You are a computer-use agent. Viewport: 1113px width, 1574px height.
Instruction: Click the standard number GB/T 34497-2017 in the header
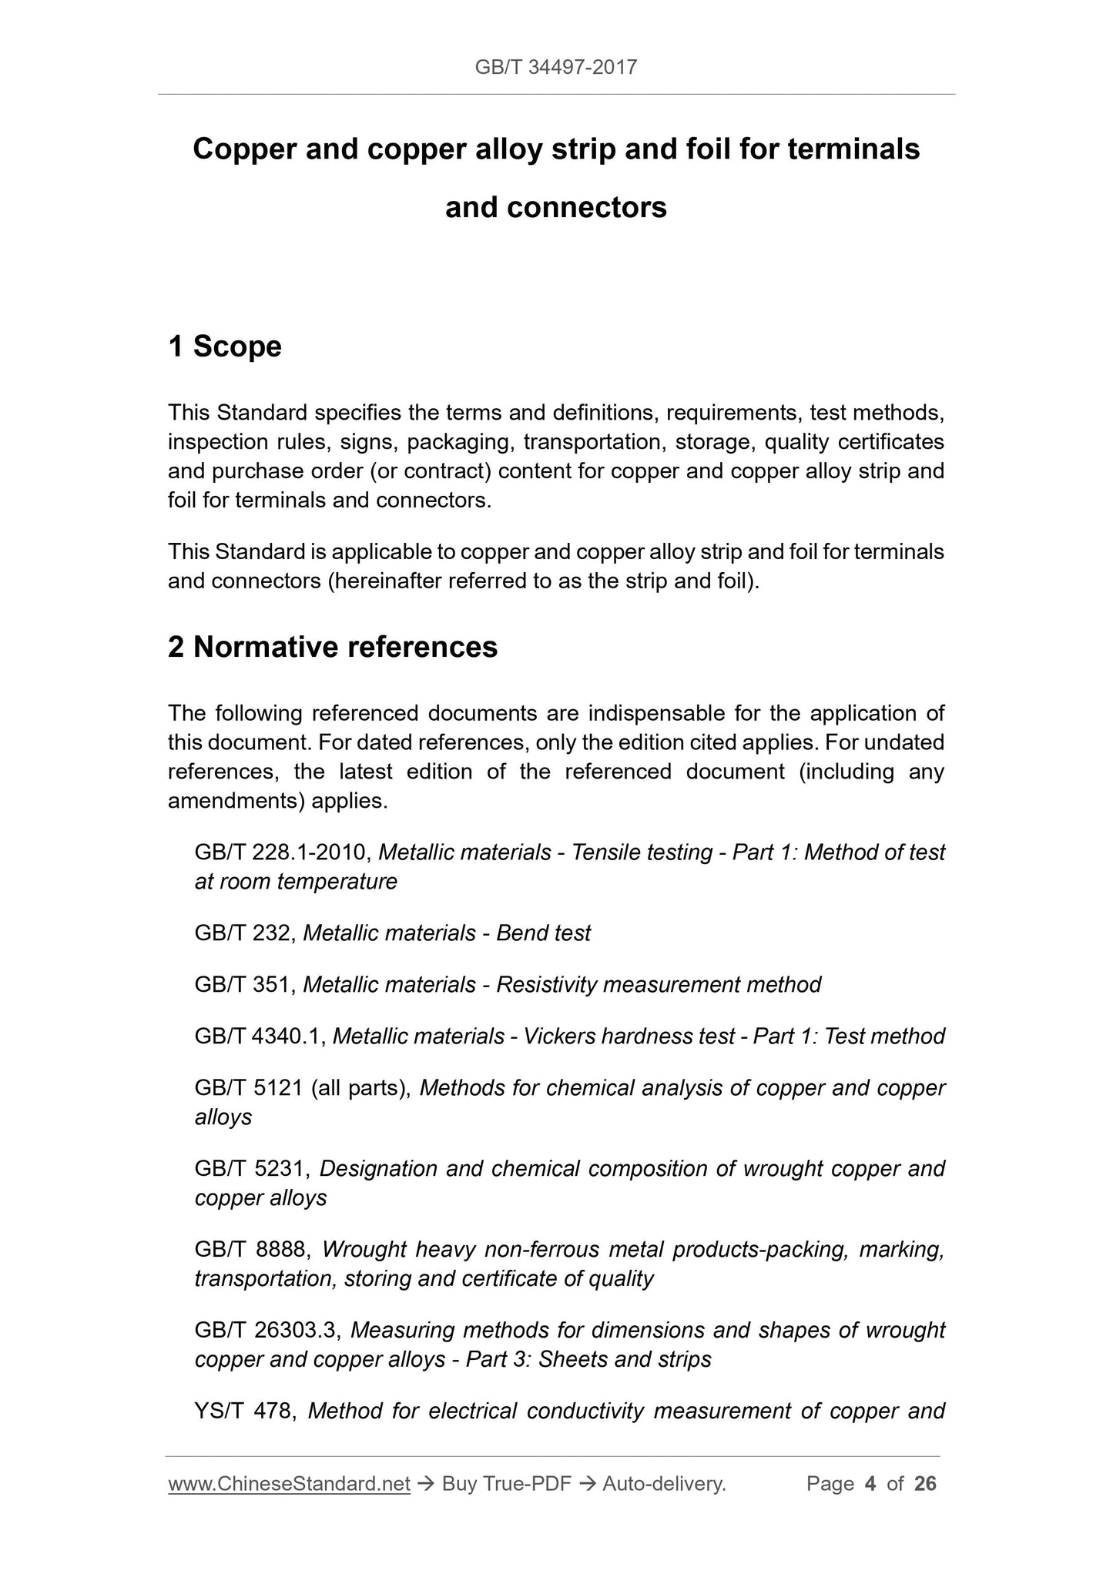coord(555,68)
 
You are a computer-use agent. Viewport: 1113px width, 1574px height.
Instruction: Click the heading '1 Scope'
coord(225,347)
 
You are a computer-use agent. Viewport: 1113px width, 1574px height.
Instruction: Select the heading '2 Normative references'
coord(333,647)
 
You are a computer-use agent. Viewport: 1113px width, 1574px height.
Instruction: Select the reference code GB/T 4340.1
coord(261,1036)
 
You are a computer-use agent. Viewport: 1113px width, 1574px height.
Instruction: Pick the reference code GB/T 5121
coord(250,1088)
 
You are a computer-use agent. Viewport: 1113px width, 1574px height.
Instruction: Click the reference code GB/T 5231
coord(251,1169)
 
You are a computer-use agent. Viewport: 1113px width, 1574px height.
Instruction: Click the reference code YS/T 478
coord(245,1412)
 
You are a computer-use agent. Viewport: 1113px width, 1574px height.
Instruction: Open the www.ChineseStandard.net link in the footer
coord(289,1484)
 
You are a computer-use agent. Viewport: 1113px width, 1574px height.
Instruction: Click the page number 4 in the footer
coord(870,1484)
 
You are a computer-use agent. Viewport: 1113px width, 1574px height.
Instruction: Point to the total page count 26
coord(925,1484)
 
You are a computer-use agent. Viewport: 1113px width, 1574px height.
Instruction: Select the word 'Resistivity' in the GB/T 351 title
coord(545,985)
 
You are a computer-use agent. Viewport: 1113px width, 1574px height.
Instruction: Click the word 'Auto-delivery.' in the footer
coord(665,1484)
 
